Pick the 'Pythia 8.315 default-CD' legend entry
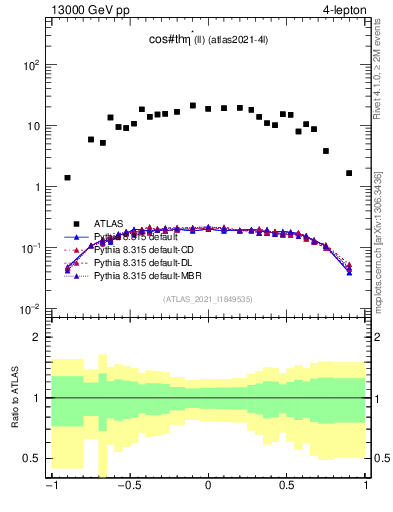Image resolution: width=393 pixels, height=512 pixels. pyautogui.click(x=142, y=249)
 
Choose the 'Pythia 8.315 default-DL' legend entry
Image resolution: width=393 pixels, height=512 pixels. pyautogui.click(x=141, y=261)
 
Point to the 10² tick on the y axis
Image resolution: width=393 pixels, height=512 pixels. pyautogui.click(x=31, y=65)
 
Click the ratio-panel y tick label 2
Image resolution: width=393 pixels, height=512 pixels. pyautogui.click(x=39, y=337)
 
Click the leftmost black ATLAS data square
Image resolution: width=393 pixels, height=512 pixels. pyautogui.click(x=67, y=178)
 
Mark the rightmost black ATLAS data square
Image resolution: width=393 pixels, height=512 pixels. pyautogui.click(x=349, y=173)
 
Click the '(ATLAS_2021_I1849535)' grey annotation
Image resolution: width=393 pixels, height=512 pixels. pyautogui.click(x=208, y=299)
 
